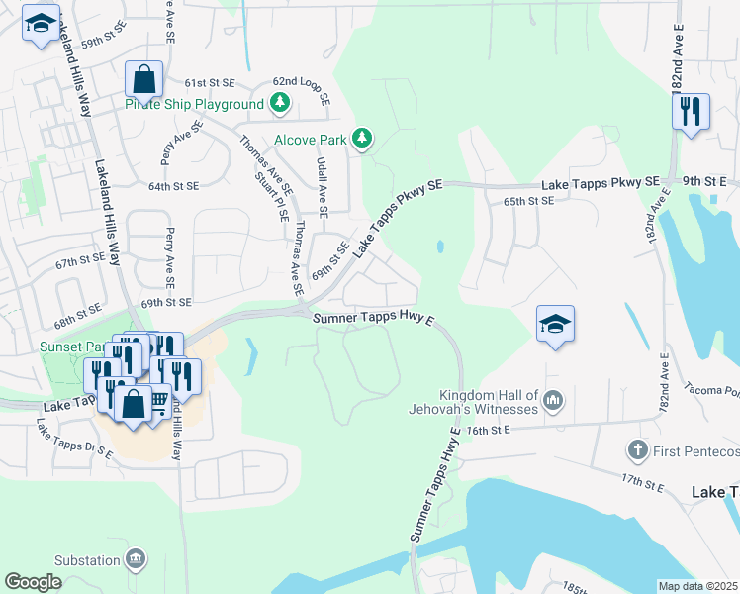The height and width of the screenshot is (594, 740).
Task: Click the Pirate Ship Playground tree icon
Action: pos(280,103)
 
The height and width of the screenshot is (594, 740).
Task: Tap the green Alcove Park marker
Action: pos(363,139)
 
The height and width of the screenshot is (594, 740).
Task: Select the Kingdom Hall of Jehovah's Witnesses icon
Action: pos(553,400)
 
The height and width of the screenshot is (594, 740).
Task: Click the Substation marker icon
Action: pos(137,559)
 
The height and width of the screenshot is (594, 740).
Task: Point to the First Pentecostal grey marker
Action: pos(637,451)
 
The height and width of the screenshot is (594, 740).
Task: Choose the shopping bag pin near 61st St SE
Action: pos(144,80)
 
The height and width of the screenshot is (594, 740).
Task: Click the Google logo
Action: pos(33,581)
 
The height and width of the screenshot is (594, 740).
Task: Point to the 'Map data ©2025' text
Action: pos(697,586)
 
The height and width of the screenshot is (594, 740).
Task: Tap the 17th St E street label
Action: pos(646,479)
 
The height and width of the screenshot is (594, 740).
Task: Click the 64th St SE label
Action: pos(174,186)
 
